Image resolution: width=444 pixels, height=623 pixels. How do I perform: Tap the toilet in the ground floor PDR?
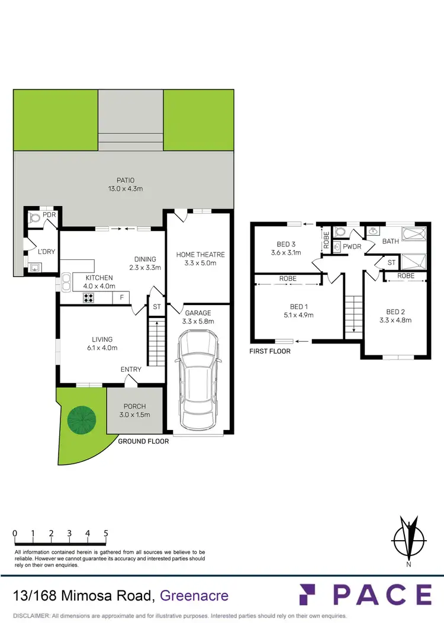pos(35,219)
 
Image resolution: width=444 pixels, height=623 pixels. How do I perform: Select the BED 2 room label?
pos(396,311)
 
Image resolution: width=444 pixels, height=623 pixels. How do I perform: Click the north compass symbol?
pos(408,538)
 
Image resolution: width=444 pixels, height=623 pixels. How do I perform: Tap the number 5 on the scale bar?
pos(106,533)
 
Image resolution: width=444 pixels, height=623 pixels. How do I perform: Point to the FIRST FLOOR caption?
pos(270,351)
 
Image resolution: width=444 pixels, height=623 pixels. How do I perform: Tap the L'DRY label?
pos(46,252)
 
